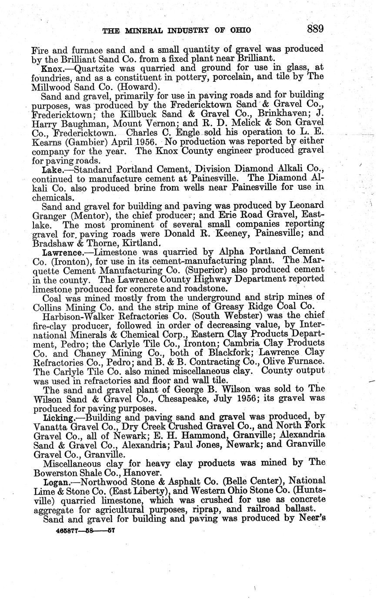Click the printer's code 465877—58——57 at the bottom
(x=85, y=530)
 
